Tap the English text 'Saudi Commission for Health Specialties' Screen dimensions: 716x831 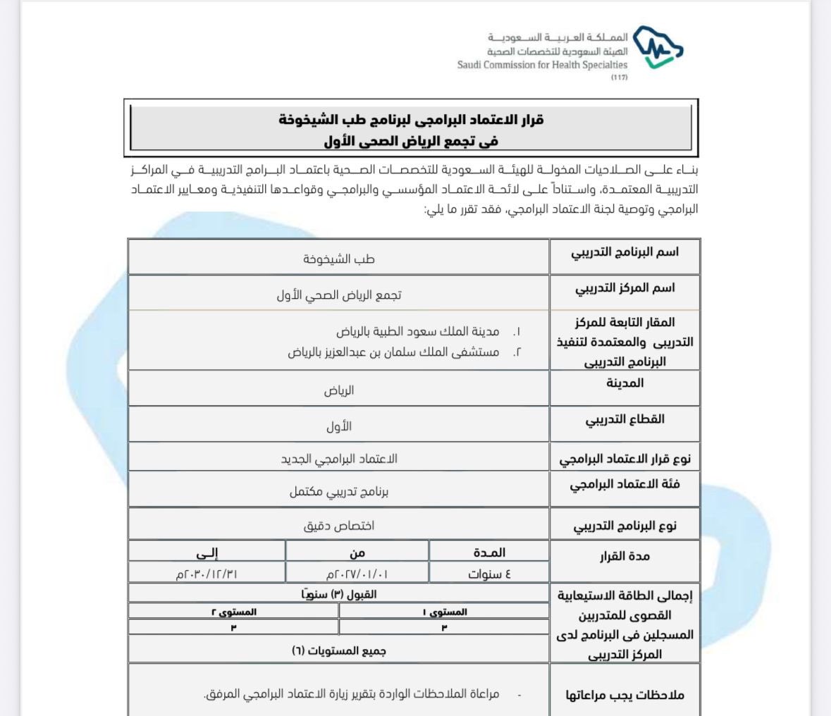tap(542, 65)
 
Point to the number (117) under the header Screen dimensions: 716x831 tap(619, 77)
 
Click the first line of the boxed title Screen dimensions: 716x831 tap(411, 119)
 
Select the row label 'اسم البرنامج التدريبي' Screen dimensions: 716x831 tap(624, 252)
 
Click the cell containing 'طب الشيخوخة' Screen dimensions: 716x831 tap(339, 259)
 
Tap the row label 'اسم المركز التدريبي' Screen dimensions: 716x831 tap(624, 288)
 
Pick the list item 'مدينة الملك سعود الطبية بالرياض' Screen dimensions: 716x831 tap(418, 331)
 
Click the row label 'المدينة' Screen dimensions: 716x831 tap(624, 383)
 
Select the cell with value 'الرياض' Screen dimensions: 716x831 tap(339, 390)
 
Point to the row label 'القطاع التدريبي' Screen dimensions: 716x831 tap(624, 419)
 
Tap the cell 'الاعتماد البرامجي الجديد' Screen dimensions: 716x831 tap(339, 459)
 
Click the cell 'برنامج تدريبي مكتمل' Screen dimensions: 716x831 tap(339, 491)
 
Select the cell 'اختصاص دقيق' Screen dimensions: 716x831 tap(339, 526)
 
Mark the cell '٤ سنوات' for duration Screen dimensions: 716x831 tap(489, 573)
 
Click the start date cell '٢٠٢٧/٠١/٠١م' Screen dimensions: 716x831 tap(357, 573)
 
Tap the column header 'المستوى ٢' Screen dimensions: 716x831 tap(234, 612)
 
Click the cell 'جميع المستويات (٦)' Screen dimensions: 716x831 tap(339, 650)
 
